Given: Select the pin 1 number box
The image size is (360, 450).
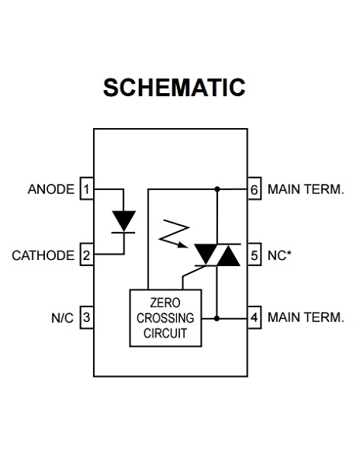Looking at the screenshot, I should (87, 189).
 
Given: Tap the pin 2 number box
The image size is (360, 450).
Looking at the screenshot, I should (87, 255).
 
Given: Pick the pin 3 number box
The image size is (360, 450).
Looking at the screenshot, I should (87, 317).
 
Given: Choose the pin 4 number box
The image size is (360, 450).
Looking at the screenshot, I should (254, 317).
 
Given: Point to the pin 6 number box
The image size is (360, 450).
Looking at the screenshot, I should (254, 189).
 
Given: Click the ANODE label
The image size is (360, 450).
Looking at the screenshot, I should (50, 189).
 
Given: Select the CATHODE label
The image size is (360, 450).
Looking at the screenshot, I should (43, 255).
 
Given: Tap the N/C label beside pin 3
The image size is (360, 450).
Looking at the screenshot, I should (62, 317).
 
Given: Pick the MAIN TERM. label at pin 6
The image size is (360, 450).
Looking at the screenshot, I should (305, 189).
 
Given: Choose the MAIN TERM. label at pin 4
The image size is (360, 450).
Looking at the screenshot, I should (305, 317).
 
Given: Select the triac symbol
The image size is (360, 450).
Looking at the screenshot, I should (217, 254).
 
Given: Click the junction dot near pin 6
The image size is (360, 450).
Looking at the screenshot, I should (217, 189).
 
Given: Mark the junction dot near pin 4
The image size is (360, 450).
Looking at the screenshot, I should (217, 317).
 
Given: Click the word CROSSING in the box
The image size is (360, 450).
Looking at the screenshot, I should (164, 317).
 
